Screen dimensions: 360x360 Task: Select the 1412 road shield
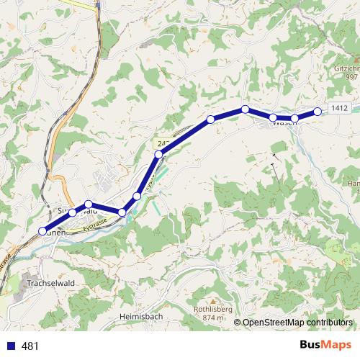click(341, 108)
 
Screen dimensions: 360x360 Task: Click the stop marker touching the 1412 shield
click(318, 112)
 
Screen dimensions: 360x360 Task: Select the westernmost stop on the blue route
click(42, 231)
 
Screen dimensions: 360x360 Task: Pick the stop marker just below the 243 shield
click(158, 154)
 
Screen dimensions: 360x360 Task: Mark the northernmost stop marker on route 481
click(246, 109)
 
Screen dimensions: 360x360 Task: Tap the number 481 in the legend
click(30, 346)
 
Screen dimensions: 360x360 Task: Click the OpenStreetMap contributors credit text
click(297, 323)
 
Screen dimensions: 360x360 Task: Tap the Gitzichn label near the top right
click(346, 68)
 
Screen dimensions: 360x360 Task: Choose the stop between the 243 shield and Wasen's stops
click(211, 119)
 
